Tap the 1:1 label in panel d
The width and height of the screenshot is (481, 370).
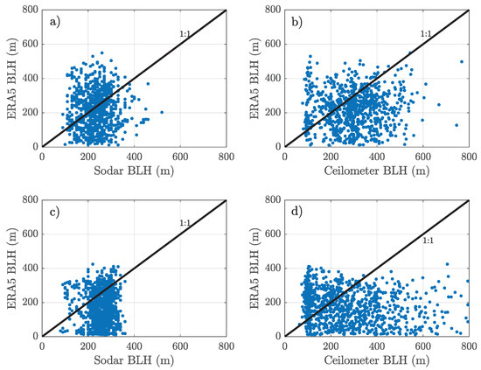click(x=428, y=240)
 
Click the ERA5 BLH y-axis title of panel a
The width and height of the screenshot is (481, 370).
click(x=10, y=79)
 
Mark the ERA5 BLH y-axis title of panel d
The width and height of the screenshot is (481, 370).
click(x=254, y=269)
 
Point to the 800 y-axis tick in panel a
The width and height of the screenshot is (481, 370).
click(x=31, y=10)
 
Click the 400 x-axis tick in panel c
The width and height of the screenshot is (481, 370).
click(x=134, y=346)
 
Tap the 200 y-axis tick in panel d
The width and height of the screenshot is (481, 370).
click(x=274, y=303)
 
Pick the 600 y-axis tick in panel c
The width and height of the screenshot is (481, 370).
click(x=31, y=234)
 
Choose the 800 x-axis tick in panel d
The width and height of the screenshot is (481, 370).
click(x=469, y=346)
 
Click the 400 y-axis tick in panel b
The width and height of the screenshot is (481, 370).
click(x=274, y=79)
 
